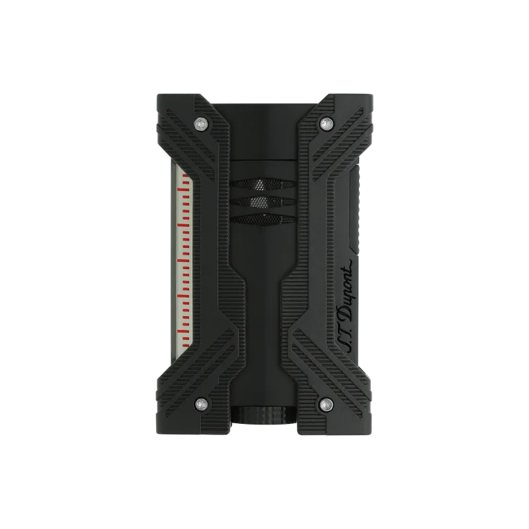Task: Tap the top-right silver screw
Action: (326, 124)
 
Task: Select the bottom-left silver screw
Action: (202, 404)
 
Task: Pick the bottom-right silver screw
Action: (326, 404)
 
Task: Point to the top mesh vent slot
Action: (263, 184)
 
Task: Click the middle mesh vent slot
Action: (263, 202)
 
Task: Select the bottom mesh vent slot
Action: (263, 220)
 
